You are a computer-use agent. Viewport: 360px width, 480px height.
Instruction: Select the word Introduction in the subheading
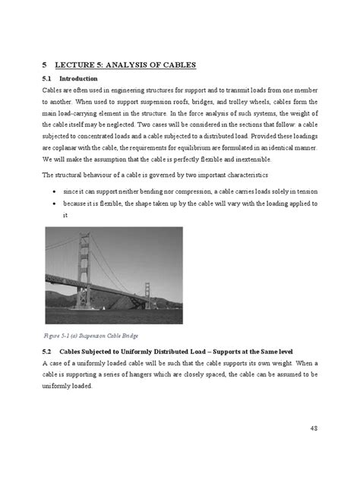(x=79, y=79)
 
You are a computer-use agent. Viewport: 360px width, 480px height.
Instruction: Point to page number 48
(x=314, y=429)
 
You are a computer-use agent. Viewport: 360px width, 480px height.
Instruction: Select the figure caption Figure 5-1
(x=58, y=335)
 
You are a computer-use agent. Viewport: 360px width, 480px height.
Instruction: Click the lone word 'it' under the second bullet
(x=65, y=215)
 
